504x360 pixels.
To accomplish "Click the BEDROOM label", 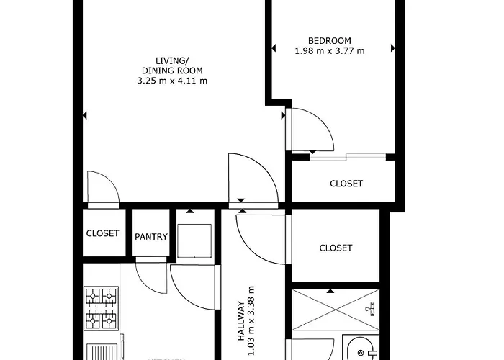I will coord(329,40).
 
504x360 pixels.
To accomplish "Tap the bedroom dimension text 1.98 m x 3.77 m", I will coord(329,51).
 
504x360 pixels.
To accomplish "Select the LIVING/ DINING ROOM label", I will coord(172,66).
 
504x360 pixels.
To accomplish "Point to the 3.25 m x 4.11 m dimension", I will coord(172,81).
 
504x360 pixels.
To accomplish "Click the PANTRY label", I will coord(151,237).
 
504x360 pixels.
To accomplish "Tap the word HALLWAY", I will coord(242,320).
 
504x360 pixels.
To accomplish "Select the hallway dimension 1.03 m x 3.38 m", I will coord(253,320).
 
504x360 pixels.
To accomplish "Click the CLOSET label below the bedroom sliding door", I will coord(346,184).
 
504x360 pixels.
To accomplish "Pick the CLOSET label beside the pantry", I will coord(102,233).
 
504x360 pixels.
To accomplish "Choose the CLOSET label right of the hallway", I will coord(336,248).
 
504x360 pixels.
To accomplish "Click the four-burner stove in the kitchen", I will coord(101,307).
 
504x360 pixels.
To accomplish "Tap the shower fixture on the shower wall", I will coord(370,310).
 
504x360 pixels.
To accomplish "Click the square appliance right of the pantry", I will coord(196,240).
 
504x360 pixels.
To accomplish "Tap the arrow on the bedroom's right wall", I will coord(393,48).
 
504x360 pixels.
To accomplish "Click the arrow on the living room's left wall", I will coord(85,115).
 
